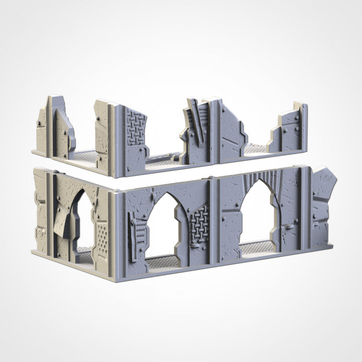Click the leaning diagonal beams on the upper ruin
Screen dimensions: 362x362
coord(195,121)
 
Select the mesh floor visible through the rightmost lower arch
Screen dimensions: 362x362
coord(257,247)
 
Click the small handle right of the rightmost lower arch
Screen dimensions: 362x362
coord(290,227)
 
